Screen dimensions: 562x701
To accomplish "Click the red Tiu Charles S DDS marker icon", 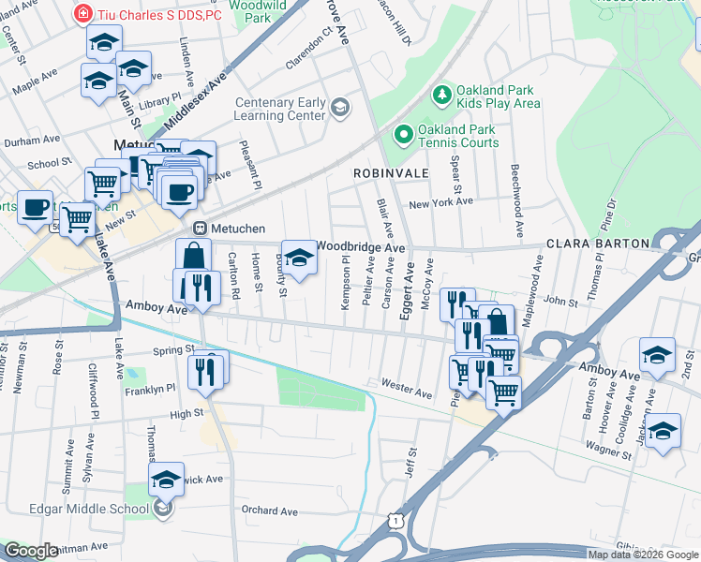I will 83,14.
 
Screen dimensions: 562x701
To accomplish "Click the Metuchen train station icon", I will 200,229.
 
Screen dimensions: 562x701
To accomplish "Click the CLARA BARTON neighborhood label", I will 598,244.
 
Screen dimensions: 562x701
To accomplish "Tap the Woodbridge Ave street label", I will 360,246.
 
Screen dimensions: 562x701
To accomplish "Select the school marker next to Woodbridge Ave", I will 299,258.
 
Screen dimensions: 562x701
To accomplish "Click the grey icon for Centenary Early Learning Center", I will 339,110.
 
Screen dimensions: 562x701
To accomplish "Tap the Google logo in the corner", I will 30,551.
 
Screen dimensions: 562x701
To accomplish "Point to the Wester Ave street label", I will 406,389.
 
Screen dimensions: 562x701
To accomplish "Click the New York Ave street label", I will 440,201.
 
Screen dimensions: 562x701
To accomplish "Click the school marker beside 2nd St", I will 657,355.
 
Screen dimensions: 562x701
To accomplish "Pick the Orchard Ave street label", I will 269,510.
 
